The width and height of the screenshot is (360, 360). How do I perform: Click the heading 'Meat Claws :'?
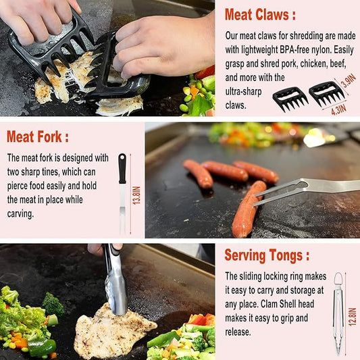[x=260, y=15]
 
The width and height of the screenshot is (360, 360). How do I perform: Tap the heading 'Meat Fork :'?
[x=38, y=136]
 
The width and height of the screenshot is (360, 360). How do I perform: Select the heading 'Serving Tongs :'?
[x=267, y=255]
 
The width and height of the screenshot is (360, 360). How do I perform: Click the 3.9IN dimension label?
[x=348, y=82]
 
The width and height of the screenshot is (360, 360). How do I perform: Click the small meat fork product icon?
[x=122, y=192]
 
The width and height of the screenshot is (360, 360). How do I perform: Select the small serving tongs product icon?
[x=338, y=313]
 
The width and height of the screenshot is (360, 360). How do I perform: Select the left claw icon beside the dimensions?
[x=289, y=99]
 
